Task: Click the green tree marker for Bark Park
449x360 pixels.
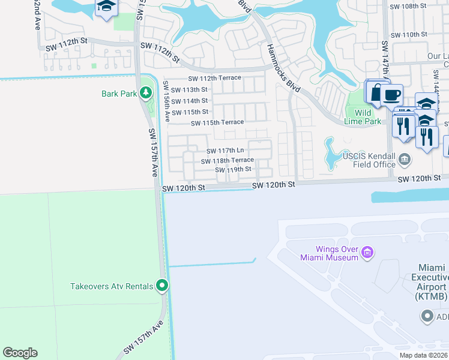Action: click(x=145, y=93)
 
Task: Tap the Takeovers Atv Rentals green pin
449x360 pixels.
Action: click(x=161, y=286)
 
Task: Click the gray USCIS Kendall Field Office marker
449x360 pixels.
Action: click(x=405, y=160)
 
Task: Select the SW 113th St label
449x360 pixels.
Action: click(x=190, y=89)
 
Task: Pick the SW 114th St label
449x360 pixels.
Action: click(x=190, y=101)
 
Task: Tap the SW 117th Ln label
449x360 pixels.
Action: click(x=225, y=151)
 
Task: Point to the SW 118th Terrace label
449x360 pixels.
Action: click(x=227, y=161)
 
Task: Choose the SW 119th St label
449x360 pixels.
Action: click(x=233, y=170)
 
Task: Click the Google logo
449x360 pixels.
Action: click(x=20, y=353)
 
